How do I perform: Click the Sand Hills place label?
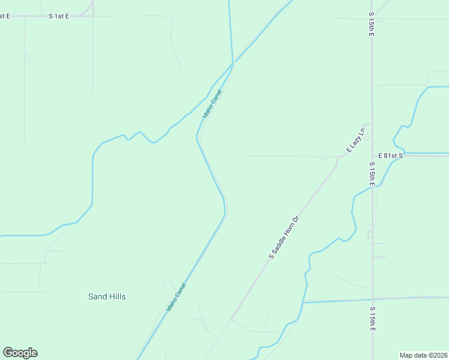pos(107,296)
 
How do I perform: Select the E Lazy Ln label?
pos(355,140)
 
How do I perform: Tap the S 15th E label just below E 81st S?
pos(372,174)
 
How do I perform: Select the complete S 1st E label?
pos(59,16)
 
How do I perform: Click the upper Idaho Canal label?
pos(212,103)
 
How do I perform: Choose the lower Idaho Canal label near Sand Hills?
pos(176,297)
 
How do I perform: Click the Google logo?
pos(20,353)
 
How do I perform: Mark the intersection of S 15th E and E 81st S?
pos(372,155)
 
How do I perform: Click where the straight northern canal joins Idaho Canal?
pos(232,64)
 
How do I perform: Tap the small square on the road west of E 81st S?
pos(324,158)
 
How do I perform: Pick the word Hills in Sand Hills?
pos(117,296)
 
